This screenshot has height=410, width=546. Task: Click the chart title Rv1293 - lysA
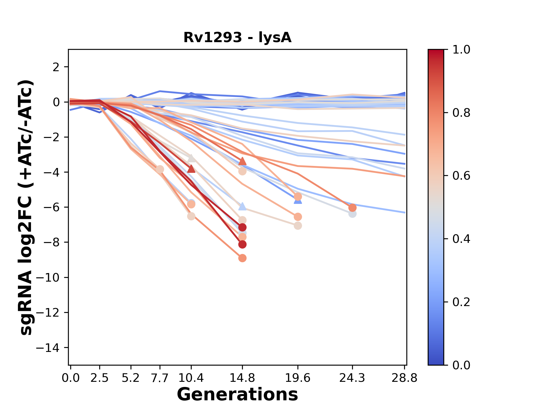237,38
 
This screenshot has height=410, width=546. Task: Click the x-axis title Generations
237,395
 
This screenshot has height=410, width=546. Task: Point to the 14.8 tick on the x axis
242,378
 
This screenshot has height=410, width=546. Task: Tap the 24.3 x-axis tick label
352,378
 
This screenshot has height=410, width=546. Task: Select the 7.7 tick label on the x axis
160,378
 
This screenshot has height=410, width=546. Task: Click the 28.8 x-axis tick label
404,378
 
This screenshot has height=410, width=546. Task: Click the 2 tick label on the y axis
56,67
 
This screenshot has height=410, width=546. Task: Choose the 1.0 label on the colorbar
461,50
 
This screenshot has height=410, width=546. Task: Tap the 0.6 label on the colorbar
461,176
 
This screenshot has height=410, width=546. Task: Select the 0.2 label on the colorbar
461,302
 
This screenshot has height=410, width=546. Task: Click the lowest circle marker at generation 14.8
242,258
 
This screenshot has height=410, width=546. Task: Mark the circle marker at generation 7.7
160,169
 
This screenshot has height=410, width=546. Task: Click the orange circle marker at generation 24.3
352,208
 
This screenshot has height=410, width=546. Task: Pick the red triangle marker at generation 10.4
191,169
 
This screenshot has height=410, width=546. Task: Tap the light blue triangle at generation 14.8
242,206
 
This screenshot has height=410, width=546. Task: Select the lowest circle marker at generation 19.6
298,226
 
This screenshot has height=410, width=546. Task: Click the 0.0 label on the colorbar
461,365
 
